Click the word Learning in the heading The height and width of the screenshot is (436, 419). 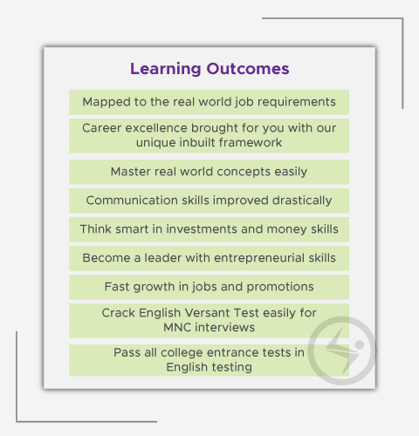[x=165, y=69]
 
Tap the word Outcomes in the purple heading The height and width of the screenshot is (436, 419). [x=248, y=69]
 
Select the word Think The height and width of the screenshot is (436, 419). [x=96, y=229]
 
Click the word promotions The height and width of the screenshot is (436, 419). [x=280, y=287]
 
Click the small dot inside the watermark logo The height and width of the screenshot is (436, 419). [x=360, y=344]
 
